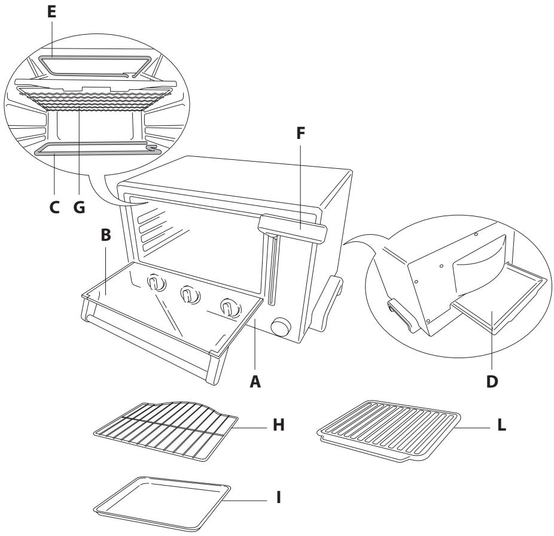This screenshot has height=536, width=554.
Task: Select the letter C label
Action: coord(54,207)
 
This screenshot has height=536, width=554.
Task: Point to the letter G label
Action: coord(78,207)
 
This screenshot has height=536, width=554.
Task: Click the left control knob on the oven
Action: coord(156,283)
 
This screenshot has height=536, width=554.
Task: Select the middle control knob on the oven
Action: coord(189,295)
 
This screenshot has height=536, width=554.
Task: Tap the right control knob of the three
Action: coord(227,308)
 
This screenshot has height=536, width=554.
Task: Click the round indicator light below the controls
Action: coord(279,328)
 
